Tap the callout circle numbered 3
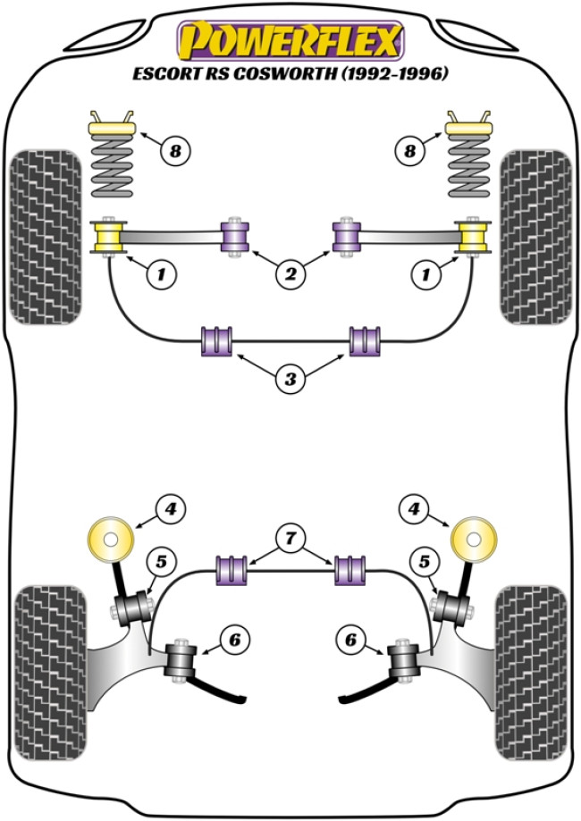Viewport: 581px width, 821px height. (x=290, y=380)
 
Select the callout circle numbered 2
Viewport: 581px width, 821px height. (x=290, y=276)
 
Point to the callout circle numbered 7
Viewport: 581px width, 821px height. (x=291, y=538)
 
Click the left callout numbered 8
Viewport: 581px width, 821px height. (x=175, y=151)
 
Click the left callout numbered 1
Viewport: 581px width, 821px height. (x=161, y=276)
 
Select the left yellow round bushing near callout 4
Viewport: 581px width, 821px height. (x=112, y=540)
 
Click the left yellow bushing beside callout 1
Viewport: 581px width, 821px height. (x=112, y=237)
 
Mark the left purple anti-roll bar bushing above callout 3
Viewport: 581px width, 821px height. (x=218, y=340)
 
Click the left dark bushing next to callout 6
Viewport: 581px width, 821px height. (x=182, y=661)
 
